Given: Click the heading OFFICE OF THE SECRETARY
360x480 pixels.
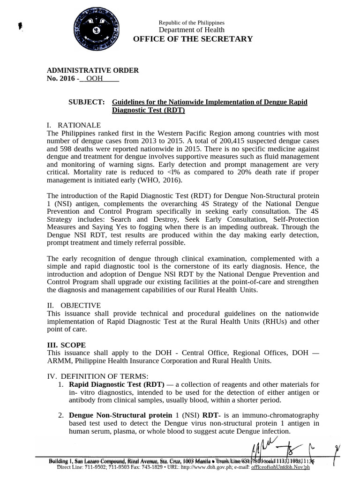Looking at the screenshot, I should tap(193, 39).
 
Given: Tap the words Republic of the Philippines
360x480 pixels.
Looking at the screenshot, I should tap(191, 22).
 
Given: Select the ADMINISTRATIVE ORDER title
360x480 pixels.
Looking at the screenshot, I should tap(93, 70).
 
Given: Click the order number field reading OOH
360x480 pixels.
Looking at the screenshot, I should tap(95, 79).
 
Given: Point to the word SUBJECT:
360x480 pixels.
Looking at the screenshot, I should tap(87, 102).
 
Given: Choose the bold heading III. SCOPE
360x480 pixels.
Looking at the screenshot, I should tap(66, 345).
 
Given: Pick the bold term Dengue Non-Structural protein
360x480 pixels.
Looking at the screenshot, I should tap(120, 415).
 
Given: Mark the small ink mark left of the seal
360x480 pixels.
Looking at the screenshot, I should tap(20, 26).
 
